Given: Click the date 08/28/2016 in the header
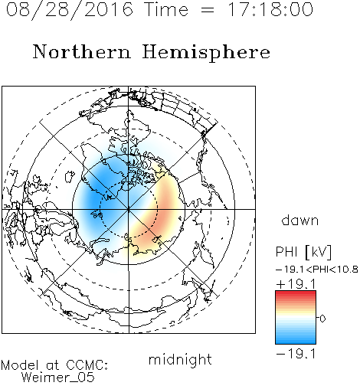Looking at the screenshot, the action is pyautogui.click(x=70, y=9).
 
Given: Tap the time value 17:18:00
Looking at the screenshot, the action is pyautogui.click(x=270, y=9).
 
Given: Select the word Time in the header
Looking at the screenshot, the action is pyautogui.click(x=166, y=9).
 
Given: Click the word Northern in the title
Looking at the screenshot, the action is pyautogui.click(x=82, y=51).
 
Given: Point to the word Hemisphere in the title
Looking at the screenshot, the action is pyautogui.click(x=206, y=53).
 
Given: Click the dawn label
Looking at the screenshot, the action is pyautogui.click(x=300, y=220).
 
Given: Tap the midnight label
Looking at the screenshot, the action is pyautogui.click(x=180, y=359).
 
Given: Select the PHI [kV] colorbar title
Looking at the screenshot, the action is pyautogui.click(x=303, y=252).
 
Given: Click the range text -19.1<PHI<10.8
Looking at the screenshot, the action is pyautogui.click(x=317, y=270).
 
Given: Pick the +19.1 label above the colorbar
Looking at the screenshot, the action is pyautogui.click(x=296, y=284).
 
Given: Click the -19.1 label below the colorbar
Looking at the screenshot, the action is pyautogui.click(x=296, y=354).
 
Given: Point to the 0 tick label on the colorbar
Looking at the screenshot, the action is pyautogui.click(x=322, y=319).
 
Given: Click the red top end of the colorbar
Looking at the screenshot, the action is pyautogui.click(x=296, y=293).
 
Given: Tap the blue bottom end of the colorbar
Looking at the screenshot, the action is pyautogui.click(x=296, y=342).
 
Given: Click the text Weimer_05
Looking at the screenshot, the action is pyautogui.click(x=58, y=378).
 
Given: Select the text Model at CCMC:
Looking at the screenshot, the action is pyautogui.click(x=54, y=365).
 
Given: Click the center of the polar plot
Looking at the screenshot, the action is pyautogui.click(x=129, y=209).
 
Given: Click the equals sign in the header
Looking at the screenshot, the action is pyautogui.click(x=208, y=11).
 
